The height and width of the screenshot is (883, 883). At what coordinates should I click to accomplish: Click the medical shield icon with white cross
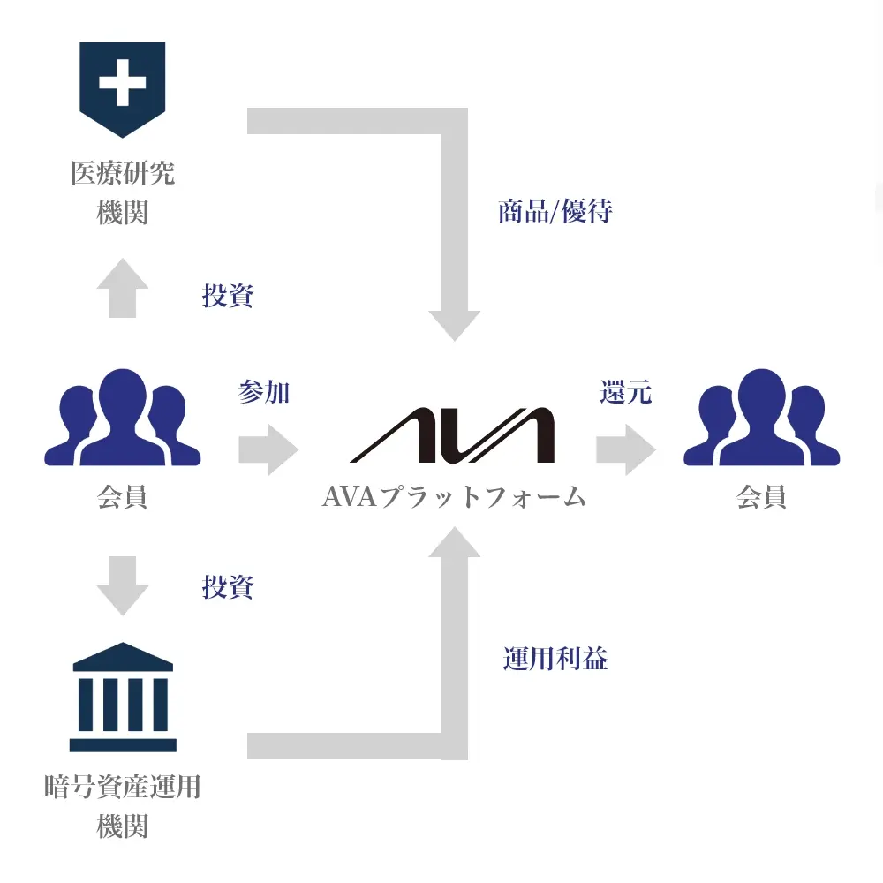122,87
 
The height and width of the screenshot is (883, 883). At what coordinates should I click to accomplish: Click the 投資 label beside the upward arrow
228,296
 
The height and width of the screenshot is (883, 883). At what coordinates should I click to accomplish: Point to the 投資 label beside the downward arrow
228,586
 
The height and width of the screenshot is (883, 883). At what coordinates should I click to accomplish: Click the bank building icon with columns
123,698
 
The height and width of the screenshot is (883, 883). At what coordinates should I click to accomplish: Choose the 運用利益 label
555,659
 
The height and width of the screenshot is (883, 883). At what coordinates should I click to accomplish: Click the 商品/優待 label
555,212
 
